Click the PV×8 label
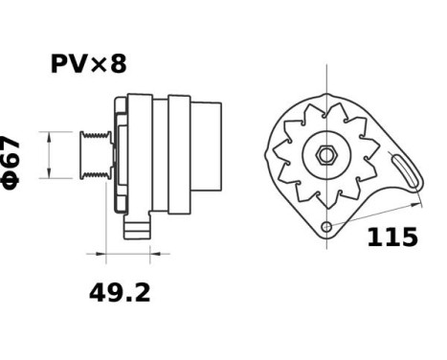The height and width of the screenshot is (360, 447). click(x=88, y=64)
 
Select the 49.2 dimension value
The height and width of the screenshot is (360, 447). click(x=120, y=292)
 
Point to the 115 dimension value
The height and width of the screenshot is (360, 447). click(x=392, y=236)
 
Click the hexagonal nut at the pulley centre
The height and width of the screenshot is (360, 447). click(x=325, y=154)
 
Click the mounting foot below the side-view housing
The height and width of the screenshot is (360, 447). click(x=138, y=228)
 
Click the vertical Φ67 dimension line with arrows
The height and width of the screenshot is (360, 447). click(x=46, y=154)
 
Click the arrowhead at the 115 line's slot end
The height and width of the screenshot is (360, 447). click(x=418, y=200)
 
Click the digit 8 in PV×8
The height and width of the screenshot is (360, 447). click(x=118, y=64)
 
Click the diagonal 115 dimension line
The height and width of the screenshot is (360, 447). click(x=378, y=213)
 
